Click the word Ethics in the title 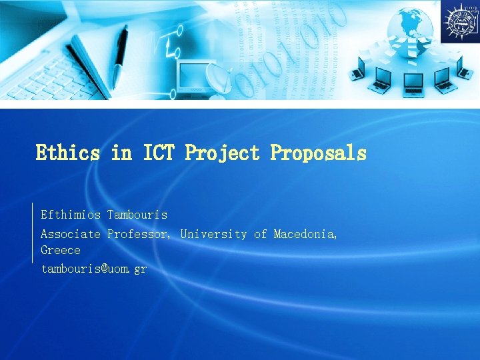pos(67,153)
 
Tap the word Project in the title pos(222,153)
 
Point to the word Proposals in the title pos(318,153)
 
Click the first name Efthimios pos(71,215)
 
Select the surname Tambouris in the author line pos(137,215)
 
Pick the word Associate pos(71,234)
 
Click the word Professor pos(139,234)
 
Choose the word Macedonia pos(305,234)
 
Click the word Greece pos(61,251)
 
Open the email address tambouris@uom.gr pos(94,269)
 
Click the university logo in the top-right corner pos(459,21)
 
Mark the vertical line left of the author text pos(33,233)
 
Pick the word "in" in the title pos(121,153)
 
